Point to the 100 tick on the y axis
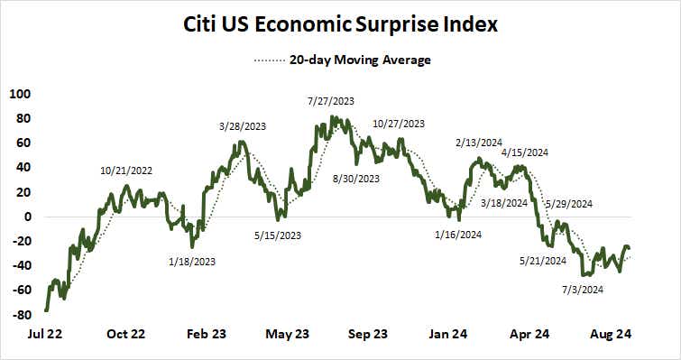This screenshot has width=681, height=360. click(19, 94)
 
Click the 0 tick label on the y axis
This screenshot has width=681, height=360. click(27, 217)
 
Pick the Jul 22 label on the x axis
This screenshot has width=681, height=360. click(45, 334)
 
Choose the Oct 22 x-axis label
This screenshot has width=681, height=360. click(125, 334)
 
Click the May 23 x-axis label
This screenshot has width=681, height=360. click(288, 334)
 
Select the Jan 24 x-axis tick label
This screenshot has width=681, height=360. click(448, 334)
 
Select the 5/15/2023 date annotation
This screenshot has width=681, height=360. click(278, 236)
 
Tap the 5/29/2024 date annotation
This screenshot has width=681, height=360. click(572, 203)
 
